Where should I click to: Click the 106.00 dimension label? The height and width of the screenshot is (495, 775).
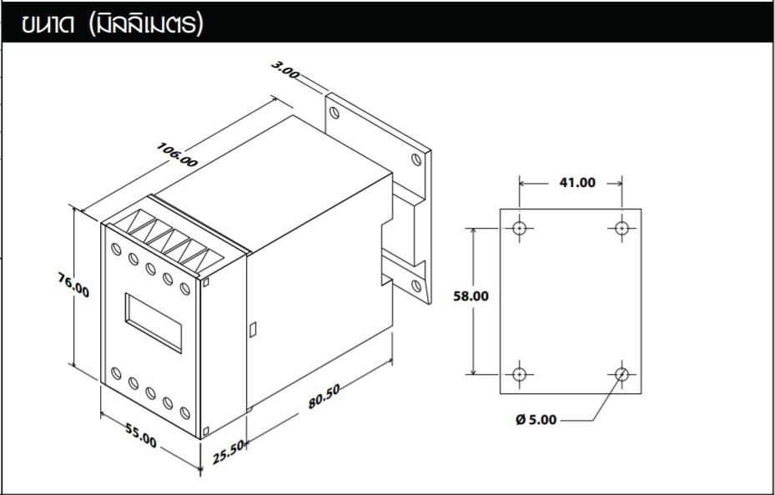(177, 154)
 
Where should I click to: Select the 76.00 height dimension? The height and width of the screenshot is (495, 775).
(73, 285)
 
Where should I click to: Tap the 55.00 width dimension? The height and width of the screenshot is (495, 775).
(141, 435)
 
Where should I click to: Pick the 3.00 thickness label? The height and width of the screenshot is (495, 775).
(285, 71)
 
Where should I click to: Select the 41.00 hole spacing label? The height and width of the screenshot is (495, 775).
(576, 182)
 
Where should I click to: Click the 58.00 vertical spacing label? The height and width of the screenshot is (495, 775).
(471, 296)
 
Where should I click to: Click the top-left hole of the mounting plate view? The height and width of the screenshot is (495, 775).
(520, 228)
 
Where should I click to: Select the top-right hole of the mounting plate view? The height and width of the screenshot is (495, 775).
(622, 228)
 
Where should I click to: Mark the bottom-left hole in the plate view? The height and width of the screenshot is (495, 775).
(520, 373)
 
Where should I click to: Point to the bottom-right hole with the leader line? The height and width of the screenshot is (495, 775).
(622, 373)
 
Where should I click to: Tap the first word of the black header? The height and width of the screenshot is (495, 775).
(53, 24)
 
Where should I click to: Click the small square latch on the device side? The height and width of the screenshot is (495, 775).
(253, 330)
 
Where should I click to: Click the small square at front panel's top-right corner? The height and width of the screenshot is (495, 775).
(207, 283)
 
